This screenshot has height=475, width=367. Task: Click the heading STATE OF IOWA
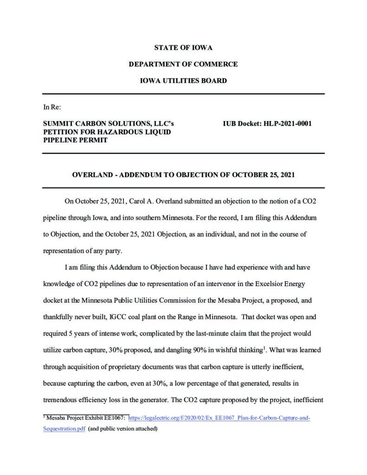tap(183, 48)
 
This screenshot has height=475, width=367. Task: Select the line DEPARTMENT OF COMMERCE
tap(183, 64)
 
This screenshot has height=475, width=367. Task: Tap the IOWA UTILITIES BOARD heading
tap(183, 81)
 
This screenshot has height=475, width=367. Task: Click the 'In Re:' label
tap(50, 107)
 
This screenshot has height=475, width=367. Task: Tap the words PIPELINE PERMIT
tap(75, 140)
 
